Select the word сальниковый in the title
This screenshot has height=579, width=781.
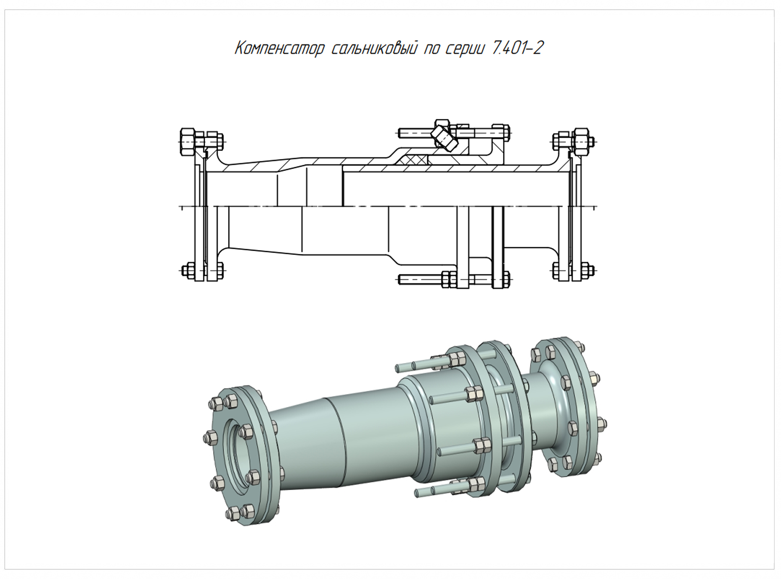pos(373,49)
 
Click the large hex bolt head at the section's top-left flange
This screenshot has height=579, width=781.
pos(187,141)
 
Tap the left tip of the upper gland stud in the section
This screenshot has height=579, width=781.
pos(400,133)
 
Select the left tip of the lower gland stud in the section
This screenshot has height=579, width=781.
pos(400,280)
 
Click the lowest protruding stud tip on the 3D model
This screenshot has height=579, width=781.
pos(418,494)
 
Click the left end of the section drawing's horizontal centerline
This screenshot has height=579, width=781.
pos(180,207)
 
